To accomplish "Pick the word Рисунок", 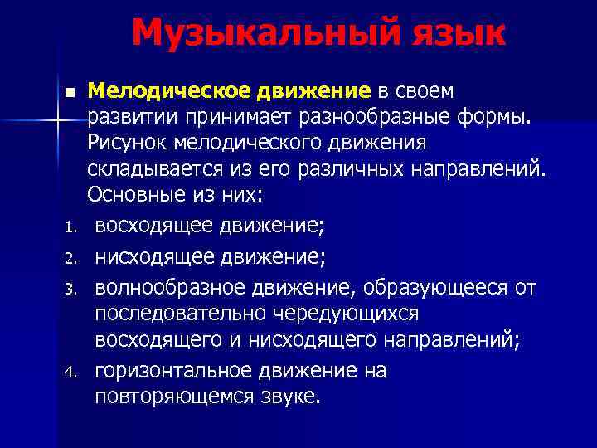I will [125, 144].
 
